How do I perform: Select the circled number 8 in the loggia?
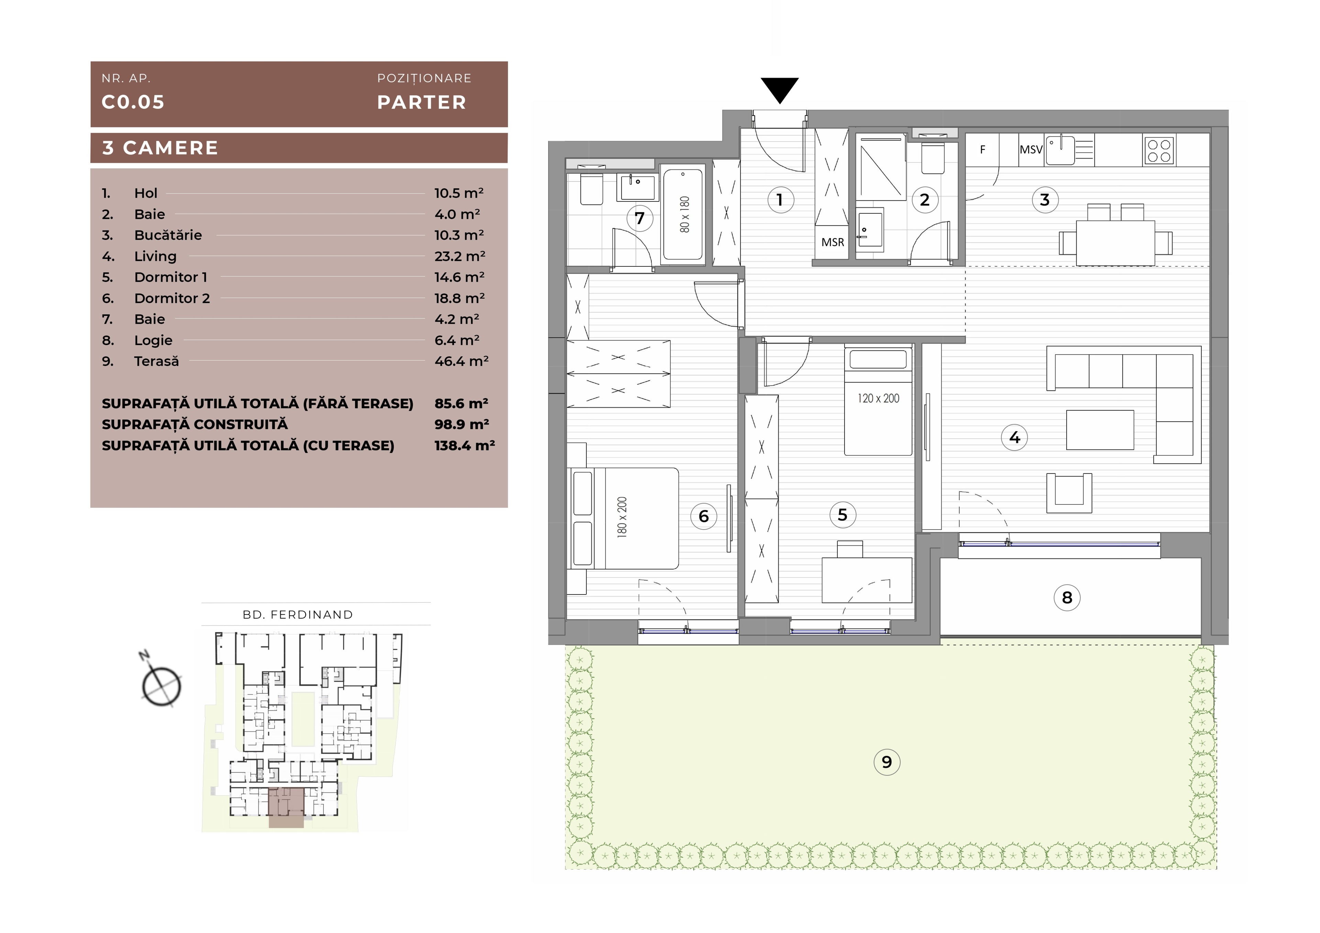[x=1067, y=598]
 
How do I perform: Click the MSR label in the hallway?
[x=833, y=243]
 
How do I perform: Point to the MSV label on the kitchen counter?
[x=1031, y=149]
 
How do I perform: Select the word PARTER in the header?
[x=421, y=102]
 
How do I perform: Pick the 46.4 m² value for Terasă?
[x=461, y=361]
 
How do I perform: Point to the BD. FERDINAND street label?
[x=298, y=614]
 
